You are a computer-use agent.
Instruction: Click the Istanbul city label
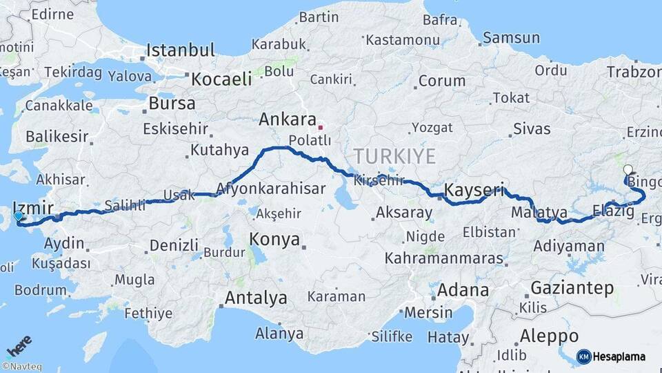pos(181,50)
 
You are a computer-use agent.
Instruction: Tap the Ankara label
pos(287,119)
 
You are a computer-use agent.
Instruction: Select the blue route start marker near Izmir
pos(18,216)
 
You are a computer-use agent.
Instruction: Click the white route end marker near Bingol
pos(628,169)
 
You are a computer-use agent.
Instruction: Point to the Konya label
pos(275,240)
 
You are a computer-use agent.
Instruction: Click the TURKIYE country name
pos(395,155)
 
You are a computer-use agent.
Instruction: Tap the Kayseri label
pos(474,189)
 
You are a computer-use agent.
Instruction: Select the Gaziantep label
pos(572,288)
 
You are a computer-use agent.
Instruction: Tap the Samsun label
pos(511,38)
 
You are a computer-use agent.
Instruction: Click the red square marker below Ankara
pos(320,127)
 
